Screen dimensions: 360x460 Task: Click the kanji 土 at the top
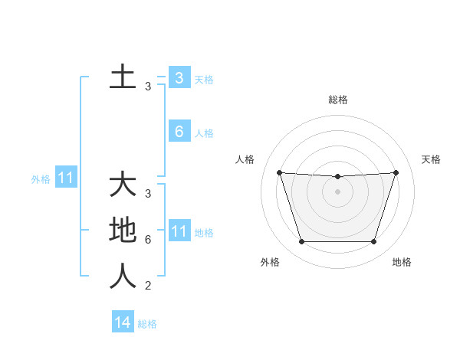pos(123,77)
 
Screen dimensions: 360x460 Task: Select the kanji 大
pos(123,185)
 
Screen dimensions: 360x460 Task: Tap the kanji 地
pos(123,231)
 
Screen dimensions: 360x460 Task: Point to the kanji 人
pos(123,276)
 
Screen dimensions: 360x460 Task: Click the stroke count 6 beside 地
pos(148,240)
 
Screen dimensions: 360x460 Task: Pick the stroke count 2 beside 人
pos(148,286)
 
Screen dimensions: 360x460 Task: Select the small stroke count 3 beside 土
pos(148,87)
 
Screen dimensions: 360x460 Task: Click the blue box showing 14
pos(123,322)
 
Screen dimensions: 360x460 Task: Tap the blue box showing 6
pos(179,132)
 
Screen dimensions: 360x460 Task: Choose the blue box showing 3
pos(179,77)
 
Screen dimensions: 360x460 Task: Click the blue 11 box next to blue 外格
pos(66,179)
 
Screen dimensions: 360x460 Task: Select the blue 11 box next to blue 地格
pos(179,231)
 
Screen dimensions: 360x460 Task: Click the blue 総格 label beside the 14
pos(147,324)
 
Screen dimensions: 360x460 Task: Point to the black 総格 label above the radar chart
pos(337,100)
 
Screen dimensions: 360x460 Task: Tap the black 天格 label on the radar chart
pos(431,159)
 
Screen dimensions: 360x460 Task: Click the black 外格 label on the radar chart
pos(270,262)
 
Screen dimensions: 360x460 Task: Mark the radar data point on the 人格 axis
pos(279,172)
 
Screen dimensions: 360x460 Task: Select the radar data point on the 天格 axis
pos(396,172)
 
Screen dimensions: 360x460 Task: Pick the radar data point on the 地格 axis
pos(373,242)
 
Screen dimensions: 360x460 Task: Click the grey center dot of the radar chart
pos(337,191)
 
